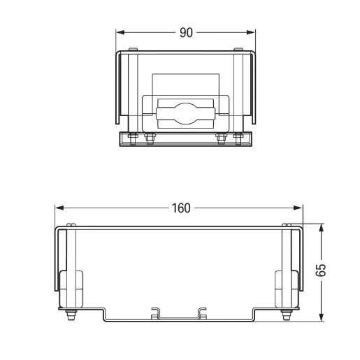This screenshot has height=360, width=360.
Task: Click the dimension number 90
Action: click(186, 33)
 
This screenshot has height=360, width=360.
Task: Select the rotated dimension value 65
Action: click(322, 272)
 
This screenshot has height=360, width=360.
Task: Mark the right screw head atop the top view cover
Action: click(239, 49)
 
